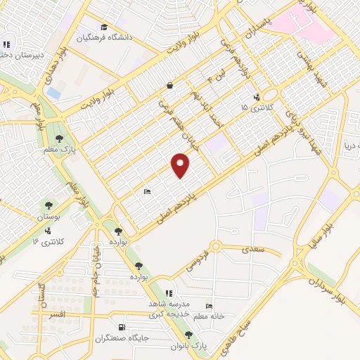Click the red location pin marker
(x=181, y=166)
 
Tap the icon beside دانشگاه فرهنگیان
(x=104, y=27)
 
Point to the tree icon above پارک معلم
(x=60, y=139)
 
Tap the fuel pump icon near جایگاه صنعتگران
(x=122, y=326)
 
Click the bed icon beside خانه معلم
(x=208, y=306)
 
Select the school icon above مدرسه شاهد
(x=168, y=292)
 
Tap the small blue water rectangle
(x=53, y=92)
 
